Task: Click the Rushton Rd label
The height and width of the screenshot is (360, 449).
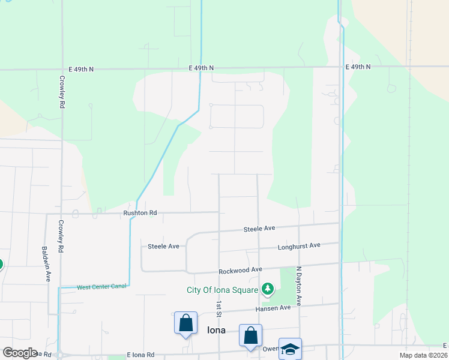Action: (140, 212)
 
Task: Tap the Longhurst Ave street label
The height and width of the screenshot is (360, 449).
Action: (299, 246)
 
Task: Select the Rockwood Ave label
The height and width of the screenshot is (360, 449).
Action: (241, 270)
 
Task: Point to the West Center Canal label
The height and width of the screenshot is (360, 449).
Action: (101, 287)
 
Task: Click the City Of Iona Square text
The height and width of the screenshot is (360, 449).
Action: (222, 290)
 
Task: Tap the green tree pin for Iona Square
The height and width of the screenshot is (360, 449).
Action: (268, 290)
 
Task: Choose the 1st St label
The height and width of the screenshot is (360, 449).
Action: (219, 309)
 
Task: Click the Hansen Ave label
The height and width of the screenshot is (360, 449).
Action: (273, 308)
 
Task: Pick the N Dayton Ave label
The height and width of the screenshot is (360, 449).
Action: (298, 287)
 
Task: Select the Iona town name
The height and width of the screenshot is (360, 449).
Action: (217, 329)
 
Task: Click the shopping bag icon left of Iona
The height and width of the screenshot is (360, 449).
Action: (185, 323)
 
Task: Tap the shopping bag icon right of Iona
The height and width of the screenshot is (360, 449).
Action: (250, 335)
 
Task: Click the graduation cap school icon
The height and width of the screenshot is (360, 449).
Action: (290, 350)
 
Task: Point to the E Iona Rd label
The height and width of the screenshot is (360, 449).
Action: (140, 355)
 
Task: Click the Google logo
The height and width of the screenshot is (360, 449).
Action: (20, 352)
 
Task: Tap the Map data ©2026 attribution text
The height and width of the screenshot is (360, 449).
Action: (423, 355)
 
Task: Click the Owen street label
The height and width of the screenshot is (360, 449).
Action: (270, 349)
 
